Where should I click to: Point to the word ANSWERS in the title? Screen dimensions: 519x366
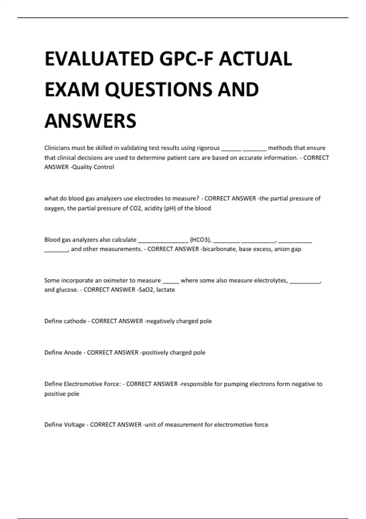pos(90,121)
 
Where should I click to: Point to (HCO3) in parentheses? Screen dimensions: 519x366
pos(200,240)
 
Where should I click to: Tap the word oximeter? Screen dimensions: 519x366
pos(116,281)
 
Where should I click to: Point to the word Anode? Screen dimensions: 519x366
pos(73,353)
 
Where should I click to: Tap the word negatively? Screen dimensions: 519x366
pos(161,321)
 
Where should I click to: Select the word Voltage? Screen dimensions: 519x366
pos(74,425)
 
